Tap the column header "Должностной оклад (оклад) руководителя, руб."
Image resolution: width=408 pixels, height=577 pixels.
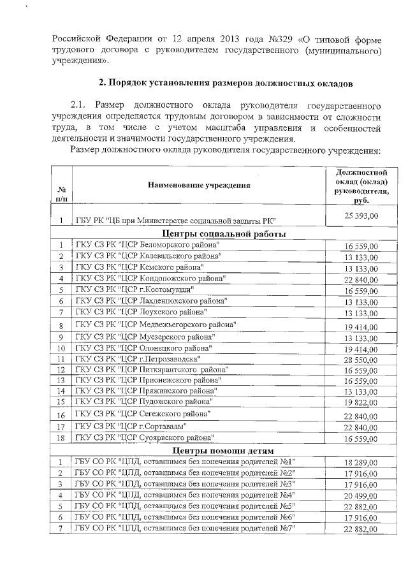361,186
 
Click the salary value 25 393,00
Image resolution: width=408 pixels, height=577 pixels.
361,216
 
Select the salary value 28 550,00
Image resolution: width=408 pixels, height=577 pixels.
361,360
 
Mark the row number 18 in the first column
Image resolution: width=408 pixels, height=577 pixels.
61,439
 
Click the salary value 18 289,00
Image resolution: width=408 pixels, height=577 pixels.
361,463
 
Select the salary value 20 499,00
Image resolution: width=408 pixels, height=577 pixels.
361,496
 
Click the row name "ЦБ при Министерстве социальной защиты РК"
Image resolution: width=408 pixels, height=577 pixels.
175,221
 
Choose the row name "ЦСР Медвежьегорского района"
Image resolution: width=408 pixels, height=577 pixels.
156,325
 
